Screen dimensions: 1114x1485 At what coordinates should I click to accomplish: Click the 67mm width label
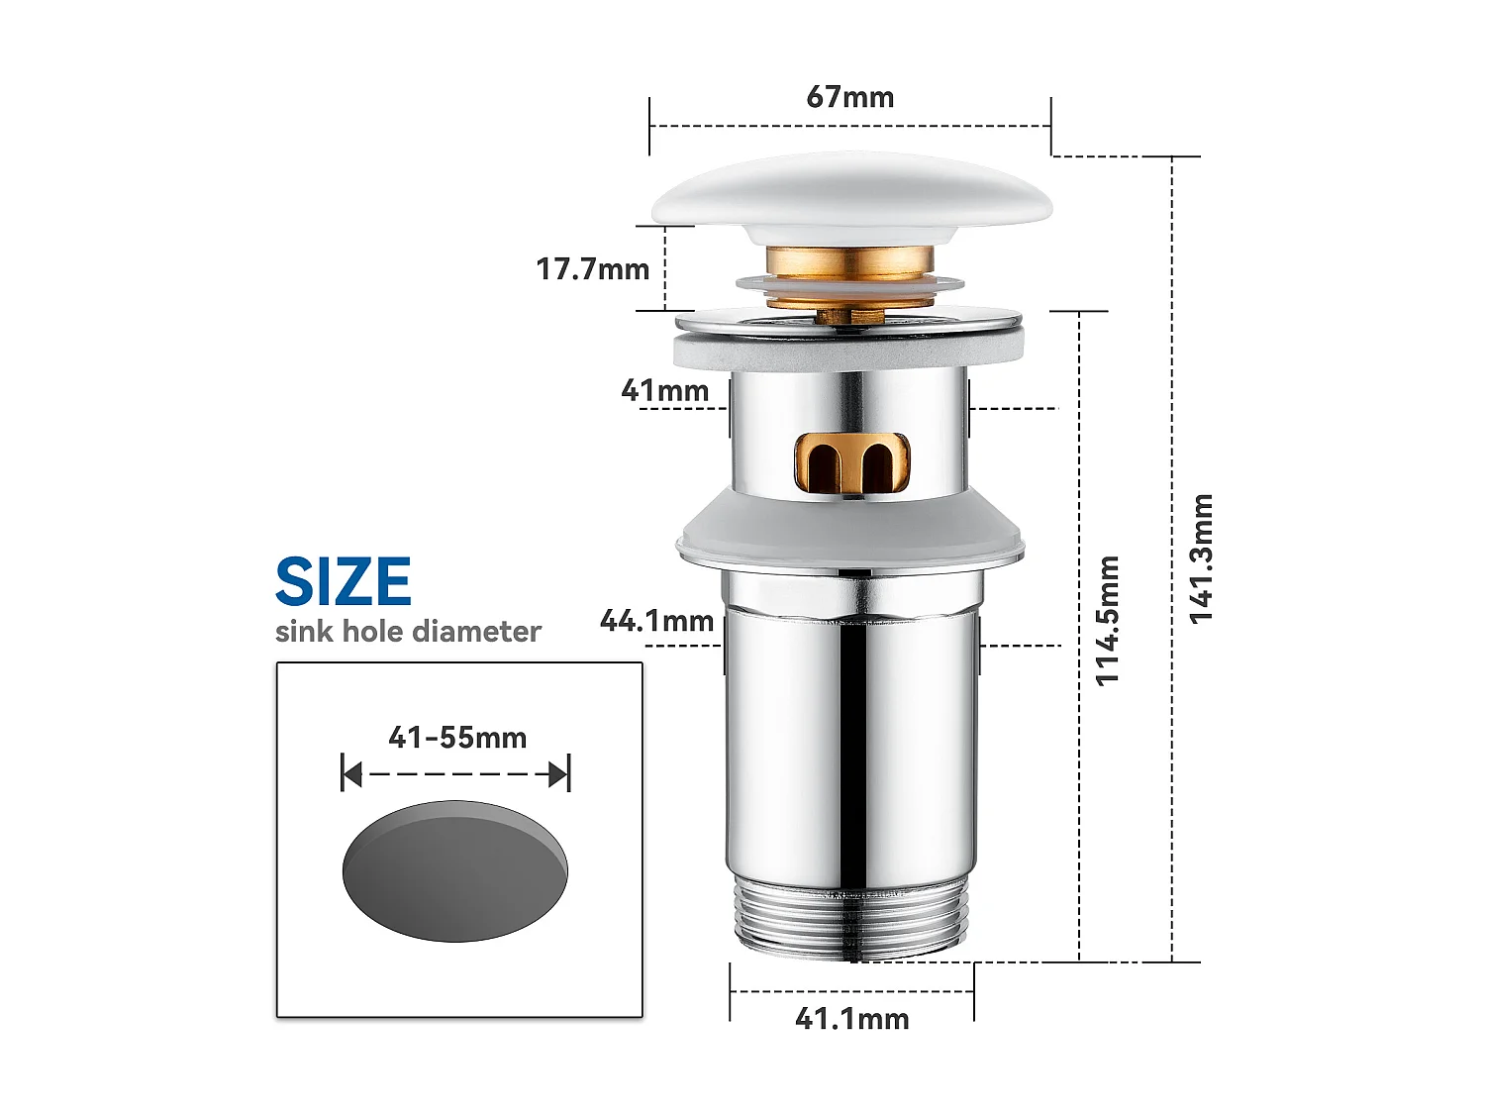849,97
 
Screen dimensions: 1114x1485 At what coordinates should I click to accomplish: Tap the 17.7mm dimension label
592,269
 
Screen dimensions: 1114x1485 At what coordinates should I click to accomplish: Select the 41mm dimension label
664,391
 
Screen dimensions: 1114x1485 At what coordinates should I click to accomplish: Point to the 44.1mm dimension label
656,621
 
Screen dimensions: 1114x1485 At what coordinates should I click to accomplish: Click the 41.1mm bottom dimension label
851,1019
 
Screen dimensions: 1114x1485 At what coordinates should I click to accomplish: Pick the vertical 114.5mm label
1107,620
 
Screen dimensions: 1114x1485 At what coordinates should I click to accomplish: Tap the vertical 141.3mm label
1201,558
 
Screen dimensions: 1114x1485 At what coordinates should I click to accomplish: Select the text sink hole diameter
408,632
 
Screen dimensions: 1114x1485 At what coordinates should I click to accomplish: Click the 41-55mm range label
457,738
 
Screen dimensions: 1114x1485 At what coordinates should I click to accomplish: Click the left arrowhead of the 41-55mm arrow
350,774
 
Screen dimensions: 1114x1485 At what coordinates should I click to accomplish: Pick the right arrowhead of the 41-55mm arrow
560,774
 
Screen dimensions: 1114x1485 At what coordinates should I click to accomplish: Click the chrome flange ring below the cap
849,321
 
